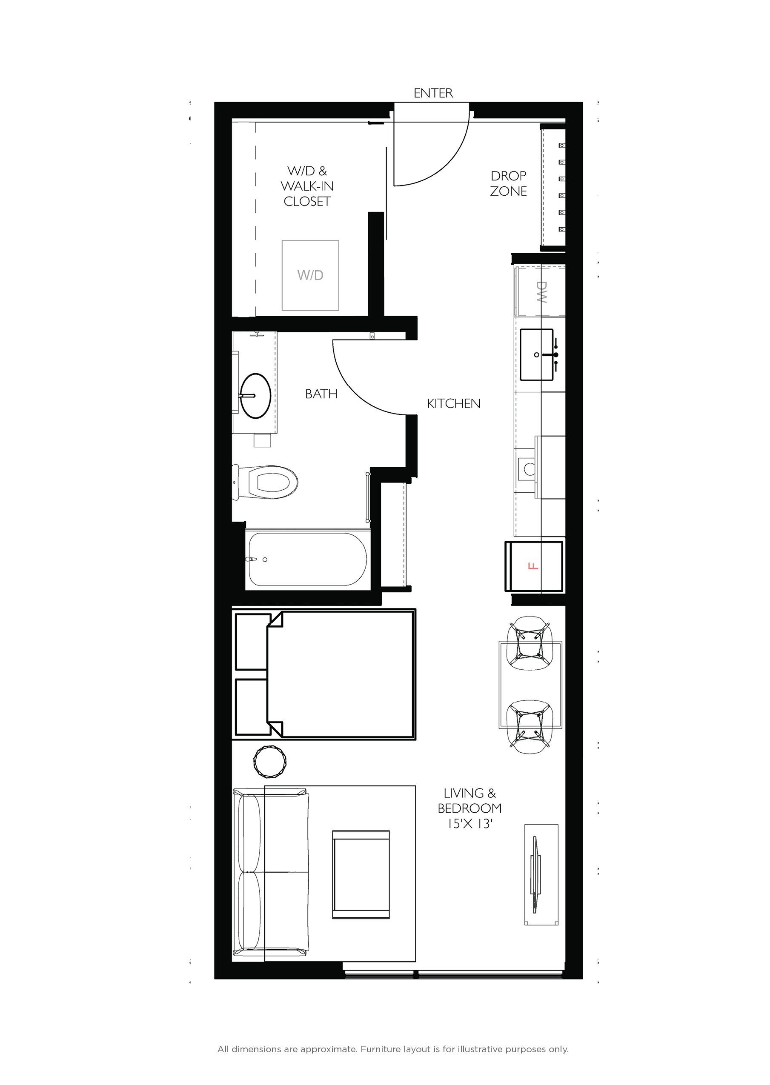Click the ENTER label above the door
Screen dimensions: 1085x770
tap(433, 93)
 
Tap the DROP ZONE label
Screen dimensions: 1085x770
tap(508, 183)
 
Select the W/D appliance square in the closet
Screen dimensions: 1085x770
tap(311, 275)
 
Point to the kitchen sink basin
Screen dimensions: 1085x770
tap(537, 354)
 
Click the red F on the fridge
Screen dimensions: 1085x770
tap(533, 566)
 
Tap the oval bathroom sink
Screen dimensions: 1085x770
tap(255, 395)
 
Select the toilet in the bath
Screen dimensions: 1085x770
tap(268, 482)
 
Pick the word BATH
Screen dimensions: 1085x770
tap(321, 394)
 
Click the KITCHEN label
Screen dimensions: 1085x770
tap(453, 404)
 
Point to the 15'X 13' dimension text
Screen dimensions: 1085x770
tap(469, 824)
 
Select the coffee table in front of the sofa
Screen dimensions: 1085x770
tap(361, 874)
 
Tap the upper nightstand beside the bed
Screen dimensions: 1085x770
tap(252, 642)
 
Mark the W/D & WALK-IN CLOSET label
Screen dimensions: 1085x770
tap(307, 186)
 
